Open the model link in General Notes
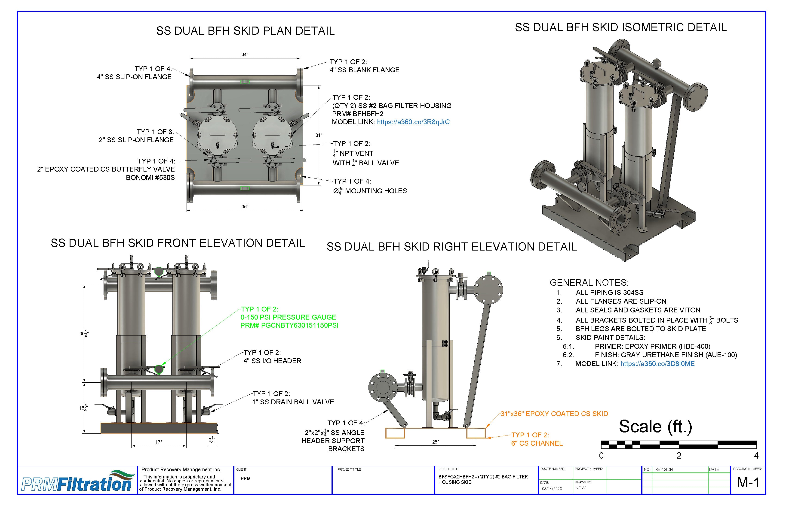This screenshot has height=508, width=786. (657, 364)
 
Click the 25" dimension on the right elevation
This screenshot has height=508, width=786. (435, 442)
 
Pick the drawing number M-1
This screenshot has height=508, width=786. (748, 483)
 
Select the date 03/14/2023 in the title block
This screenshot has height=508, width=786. (552, 489)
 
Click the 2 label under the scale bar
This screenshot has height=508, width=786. (679, 456)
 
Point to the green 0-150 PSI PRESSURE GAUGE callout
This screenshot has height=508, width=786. (288, 317)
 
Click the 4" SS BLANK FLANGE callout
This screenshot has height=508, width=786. (364, 70)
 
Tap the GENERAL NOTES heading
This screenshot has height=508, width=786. (589, 283)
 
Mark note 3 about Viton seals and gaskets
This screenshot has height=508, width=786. (638, 310)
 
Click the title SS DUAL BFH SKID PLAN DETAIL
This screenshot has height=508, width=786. (245, 31)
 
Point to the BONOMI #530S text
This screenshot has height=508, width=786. (150, 178)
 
